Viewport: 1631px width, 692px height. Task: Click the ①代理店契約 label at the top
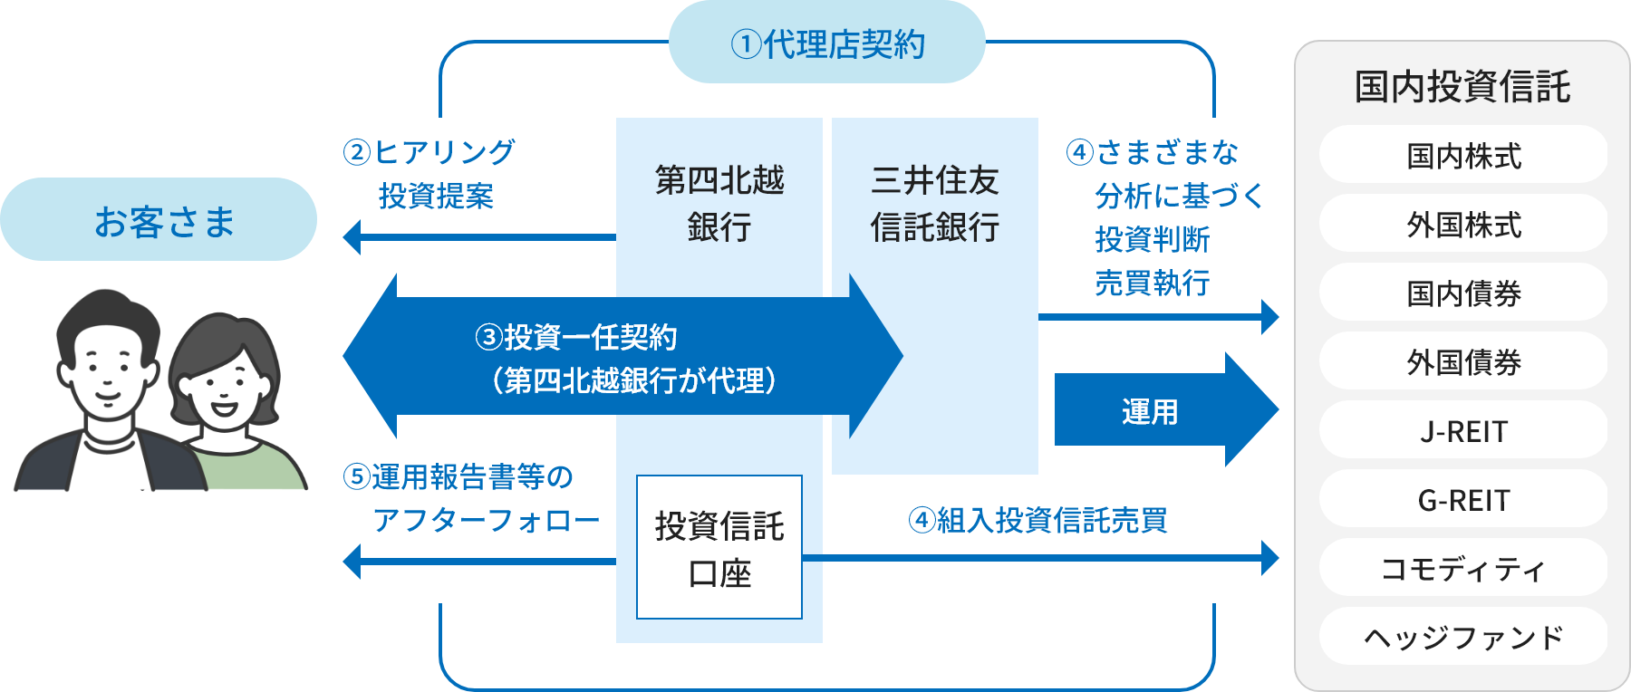(826, 43)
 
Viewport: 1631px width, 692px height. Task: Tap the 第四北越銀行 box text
(719, 204)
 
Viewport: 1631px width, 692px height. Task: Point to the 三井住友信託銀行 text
(934, 204)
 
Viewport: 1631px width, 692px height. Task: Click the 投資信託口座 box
(719, 547)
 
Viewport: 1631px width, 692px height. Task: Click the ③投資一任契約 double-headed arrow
(623, 357)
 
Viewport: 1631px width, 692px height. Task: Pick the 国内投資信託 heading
(1462, 87)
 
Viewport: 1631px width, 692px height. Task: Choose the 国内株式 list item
(1463, 156)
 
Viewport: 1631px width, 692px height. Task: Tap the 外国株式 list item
(1463, 225)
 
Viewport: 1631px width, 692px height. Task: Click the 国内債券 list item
(1463, 293)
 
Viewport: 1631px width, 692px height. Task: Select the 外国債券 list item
(1463, 362)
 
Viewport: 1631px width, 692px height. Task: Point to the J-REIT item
(1463, 431)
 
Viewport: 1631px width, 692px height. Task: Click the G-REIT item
(1463, 500)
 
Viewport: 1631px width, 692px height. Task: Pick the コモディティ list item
(1463, 569)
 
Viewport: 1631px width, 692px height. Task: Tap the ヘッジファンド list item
(1463, 638)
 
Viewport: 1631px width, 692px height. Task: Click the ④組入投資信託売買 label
(1037, 520)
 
